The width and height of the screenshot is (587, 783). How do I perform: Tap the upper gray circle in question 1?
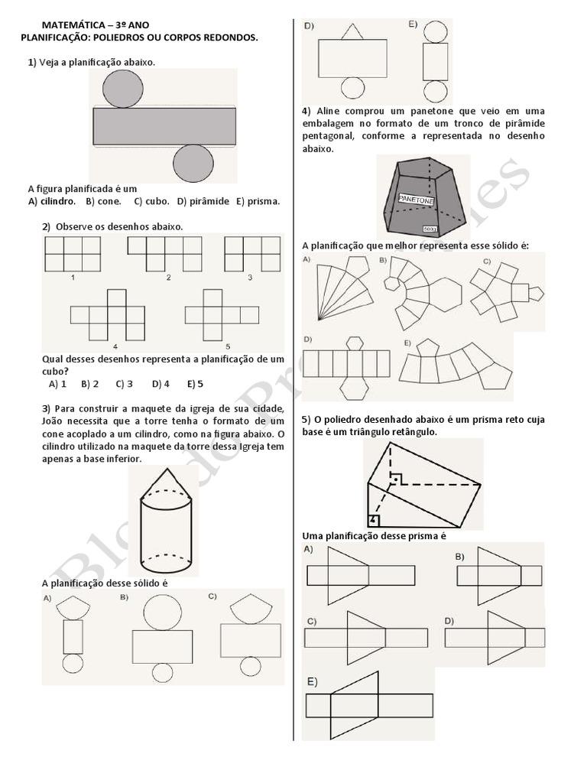(x=121, y=88)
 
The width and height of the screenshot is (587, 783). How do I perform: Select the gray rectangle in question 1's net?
(x=164, y=126)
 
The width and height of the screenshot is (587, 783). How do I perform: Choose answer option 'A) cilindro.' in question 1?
(x=52, y=201)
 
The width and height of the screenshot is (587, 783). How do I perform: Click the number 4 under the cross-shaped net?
(x=115, y=346)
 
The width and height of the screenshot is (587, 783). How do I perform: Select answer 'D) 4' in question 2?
(x=161, y=384)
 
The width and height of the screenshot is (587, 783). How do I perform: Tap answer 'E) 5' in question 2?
(x=195, y=384)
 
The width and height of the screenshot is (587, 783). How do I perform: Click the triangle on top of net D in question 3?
(x=351, y=31)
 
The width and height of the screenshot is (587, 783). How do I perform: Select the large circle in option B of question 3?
(x=162, y=612)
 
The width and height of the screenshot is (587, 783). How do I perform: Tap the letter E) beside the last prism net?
(x=313, y=681)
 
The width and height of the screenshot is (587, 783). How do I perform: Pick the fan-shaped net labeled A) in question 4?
(x=336, y=289)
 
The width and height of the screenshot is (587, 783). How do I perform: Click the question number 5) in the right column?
(x=306, y=420)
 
